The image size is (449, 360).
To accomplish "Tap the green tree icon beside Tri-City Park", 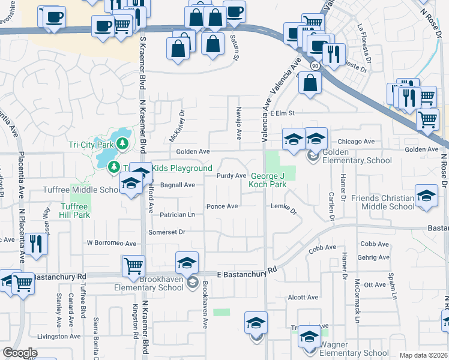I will [x=122, y=143].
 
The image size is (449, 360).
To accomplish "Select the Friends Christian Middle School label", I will [x=383, y=202].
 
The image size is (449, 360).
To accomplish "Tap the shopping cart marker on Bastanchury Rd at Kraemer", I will [x=133, y=265].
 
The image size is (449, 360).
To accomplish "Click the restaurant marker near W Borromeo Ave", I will [x=37, y=244].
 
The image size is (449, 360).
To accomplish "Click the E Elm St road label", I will [x=283, y=113].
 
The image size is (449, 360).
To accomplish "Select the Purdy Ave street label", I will [x=232, y=176].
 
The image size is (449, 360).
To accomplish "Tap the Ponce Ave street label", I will [x=222, y=206].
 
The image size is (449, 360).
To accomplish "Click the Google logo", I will [x=20, y=353].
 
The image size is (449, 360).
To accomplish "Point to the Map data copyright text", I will [x=424, y=355].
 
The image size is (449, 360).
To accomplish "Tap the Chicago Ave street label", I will [x=356, y=142].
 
